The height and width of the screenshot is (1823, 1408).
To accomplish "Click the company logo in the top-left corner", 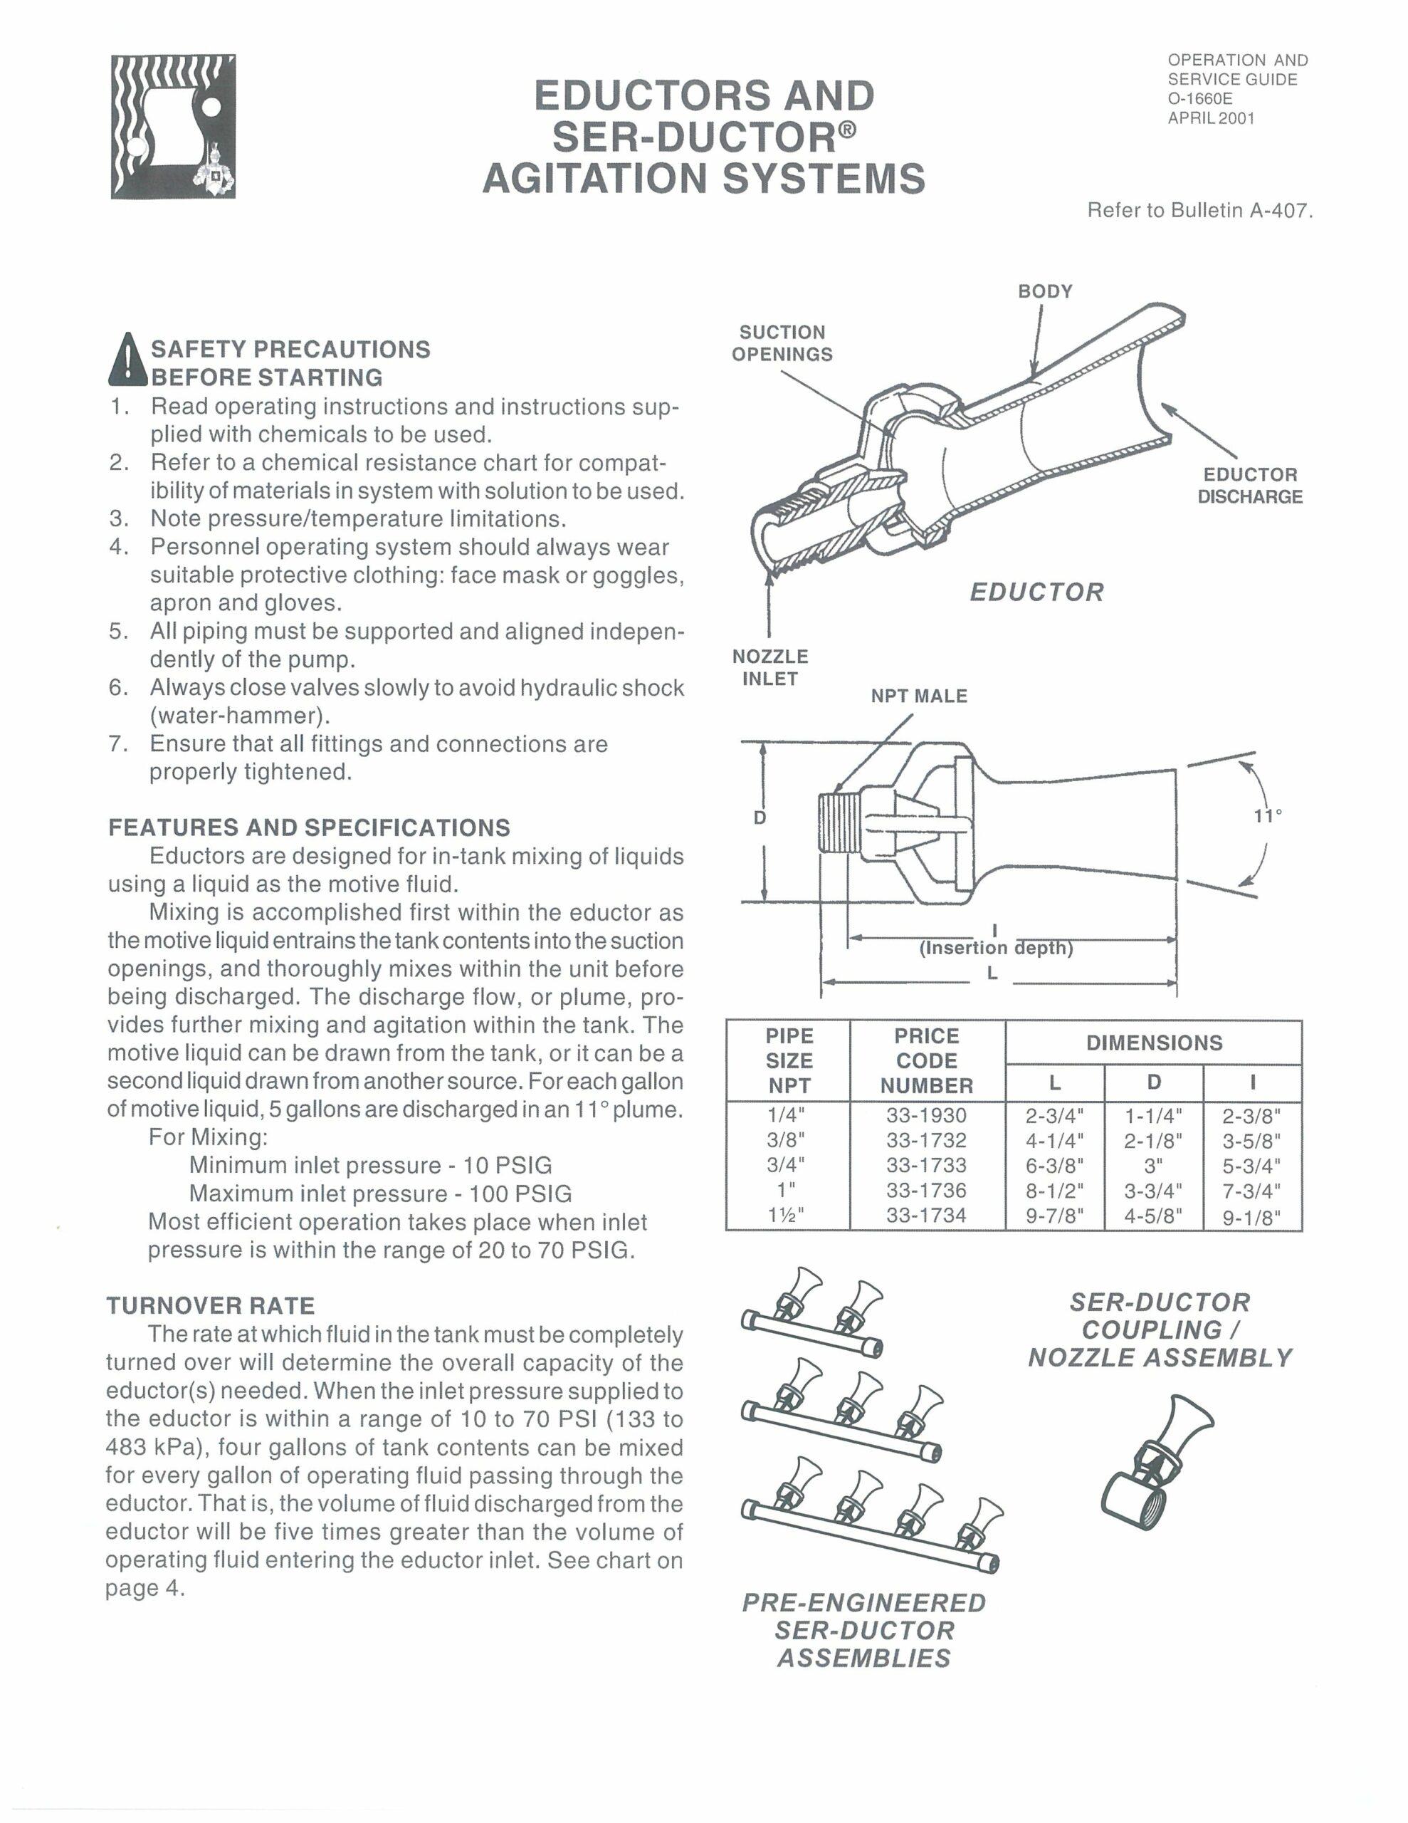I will pyautogui.click(x=174, y=127).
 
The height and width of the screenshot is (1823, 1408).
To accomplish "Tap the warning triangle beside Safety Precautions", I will pyautogui.click(x=127, y=360).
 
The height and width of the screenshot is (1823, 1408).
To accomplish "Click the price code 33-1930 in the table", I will pyautogui.click(x=925, y=1115).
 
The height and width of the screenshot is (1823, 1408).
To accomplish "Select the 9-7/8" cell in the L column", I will pyautogui.click(x=1054, y=1216).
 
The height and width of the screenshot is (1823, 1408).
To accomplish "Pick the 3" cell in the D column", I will pyautogui.click(x=1153, y=1165).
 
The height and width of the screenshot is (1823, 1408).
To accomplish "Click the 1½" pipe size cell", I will pyautogui.click(x=788, y=1216).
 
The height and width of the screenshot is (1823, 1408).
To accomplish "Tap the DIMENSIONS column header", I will pyautogui.click(x=1153, y=1043).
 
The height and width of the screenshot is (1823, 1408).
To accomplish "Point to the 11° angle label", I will pyautogui.click(x=1268, y=815).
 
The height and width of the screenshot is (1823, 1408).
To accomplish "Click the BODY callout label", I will pyautogui.click(x=1045, y=291).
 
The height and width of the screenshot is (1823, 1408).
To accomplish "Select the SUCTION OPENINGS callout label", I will pyautogui.click(x=782, y=343).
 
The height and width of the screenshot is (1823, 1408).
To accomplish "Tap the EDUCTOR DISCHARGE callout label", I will pyautogui.click(x=1249, y=486).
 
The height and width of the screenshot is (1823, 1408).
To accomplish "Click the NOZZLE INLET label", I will pyautogui.click(x=769, y=668).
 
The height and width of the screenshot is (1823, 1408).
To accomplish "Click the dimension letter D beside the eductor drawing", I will pyautogui.click(x=760, y=818).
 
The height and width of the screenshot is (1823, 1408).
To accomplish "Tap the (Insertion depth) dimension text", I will pyautogui.click(x=995, y=949).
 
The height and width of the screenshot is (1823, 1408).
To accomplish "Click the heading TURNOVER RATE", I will pyautogui.click(x=210, y=1305).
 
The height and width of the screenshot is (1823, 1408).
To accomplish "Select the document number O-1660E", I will pyautogui.click(x=1200, y=98).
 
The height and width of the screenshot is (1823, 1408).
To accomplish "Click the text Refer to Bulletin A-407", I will pyautogui.click(x=1199, y=210).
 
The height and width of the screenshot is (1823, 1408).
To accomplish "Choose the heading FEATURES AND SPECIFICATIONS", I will pyautogui.click(x=309, y=828).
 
